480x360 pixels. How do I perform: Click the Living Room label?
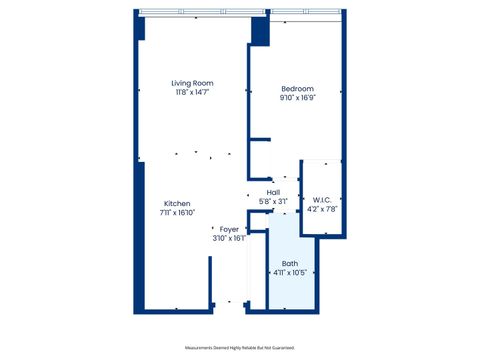192,83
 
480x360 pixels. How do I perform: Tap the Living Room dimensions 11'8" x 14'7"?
192,92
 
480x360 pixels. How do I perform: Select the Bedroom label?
297,89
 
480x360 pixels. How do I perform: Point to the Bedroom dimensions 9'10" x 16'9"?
297,98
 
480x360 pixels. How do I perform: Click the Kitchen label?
177,203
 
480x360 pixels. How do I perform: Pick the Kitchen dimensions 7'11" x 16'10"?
177,212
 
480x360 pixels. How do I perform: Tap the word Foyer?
229,229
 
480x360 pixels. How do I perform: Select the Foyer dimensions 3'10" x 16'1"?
229,238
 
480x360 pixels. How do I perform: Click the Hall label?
272,192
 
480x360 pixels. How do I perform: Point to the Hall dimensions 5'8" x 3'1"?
272,201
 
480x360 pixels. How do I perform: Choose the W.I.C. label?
322,199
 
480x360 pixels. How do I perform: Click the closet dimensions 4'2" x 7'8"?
322,208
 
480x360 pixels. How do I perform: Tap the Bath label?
290,264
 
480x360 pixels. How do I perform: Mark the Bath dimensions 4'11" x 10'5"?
290,273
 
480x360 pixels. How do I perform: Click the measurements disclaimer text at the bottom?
239,347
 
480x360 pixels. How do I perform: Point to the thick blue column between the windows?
259,28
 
